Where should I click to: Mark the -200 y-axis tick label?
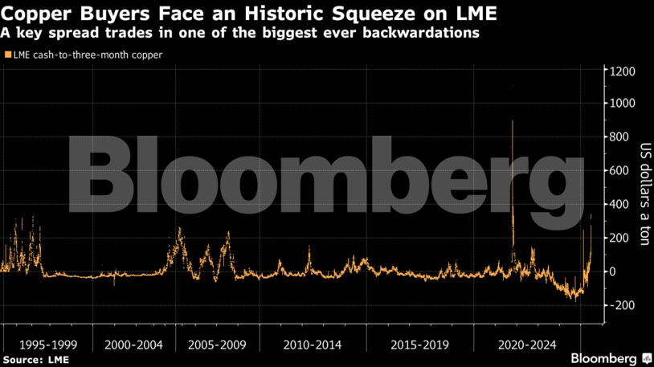[622, 305]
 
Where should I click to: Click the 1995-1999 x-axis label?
[44, 345]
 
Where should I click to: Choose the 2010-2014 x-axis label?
[313, 345]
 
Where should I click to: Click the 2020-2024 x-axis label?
[526, 345]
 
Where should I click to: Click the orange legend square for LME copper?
[8, 55]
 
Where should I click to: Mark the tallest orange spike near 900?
[512, 122]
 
